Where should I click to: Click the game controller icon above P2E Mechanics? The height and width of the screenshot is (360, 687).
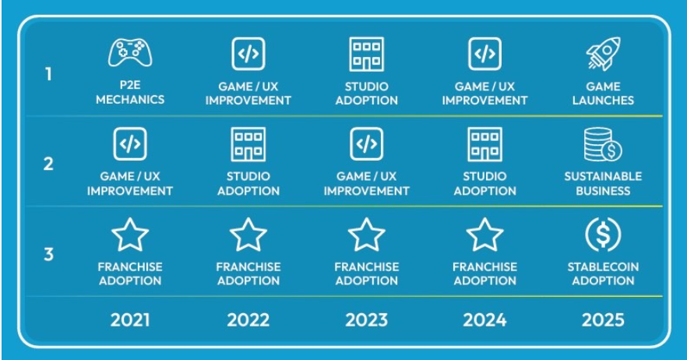tap(130, 54)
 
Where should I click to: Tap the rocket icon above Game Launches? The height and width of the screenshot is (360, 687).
tap(603, 54)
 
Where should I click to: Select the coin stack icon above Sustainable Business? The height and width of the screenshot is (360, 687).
tap(603, 144)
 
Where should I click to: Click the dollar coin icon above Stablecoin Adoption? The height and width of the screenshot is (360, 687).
tap(603, 234)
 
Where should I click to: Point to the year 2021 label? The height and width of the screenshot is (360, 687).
tap(130, 319)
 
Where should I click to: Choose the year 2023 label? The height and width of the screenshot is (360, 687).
tap(366, 319)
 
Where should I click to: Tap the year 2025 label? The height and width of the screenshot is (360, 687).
tap(603, 319)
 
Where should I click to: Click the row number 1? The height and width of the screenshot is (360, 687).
tap(49, 76)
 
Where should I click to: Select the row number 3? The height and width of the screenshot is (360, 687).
tap(49, 254)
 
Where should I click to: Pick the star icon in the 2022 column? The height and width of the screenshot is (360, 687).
tap(248, 235)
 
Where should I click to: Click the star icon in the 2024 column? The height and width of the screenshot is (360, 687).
tap(484, 235)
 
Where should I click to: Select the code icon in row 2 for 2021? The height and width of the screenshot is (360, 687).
tap(130, 144)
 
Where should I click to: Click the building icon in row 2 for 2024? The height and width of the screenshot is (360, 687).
tap(484, 144)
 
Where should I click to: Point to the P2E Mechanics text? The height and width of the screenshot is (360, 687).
tap(130, 94)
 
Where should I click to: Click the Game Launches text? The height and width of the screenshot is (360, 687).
tap(603, 94)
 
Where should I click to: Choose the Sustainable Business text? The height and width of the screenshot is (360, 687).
tap(603, 183)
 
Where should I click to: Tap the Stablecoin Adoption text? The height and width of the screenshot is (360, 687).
tap(603, 274)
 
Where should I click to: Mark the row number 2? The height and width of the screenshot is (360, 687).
tap(49, 165)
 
